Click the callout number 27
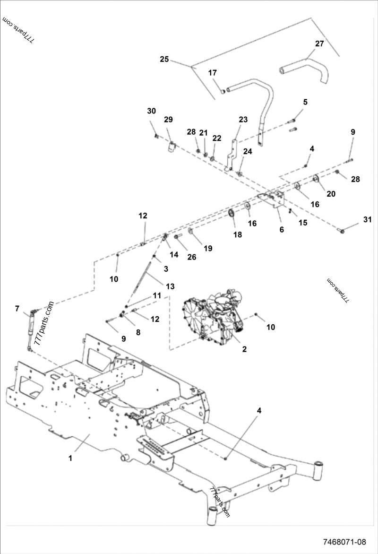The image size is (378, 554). pyautogui.click(x=319, y=43)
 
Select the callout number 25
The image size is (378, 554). pyautogui.click(x=164, y=59)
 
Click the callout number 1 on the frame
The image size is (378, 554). pyautogui.click(x=71, y=458)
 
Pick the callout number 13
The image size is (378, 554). pyautogui.click(x=170, y=286)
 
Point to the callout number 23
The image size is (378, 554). pyautogui.click(x=243, y=120)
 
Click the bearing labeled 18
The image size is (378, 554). pyautogui.click(x=232, y=215)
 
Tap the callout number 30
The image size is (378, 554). pyautogui.click(x=151, y=111)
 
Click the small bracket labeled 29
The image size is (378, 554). pyautogui.click(x=171, y=146)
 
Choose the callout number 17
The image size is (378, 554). pyautogui.click(x=213, y=73)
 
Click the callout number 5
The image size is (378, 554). pyautogui.click(x=305, y=102)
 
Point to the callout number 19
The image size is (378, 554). pyautogui.click(x=208, y=248)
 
